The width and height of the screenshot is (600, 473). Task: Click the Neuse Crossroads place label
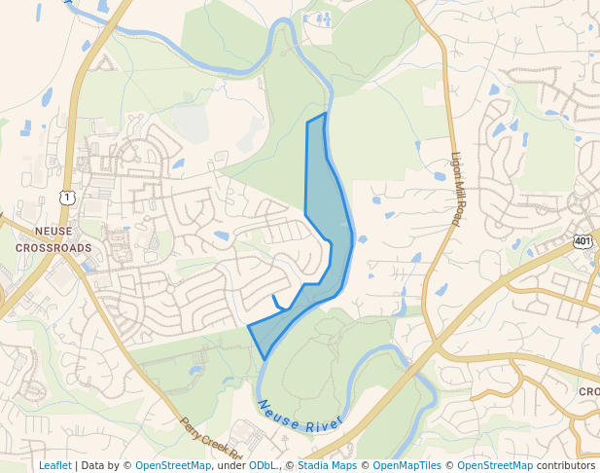point(53,239)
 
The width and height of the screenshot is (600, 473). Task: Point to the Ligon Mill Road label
point(456,190)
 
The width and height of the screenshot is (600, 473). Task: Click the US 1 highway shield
point(66,198)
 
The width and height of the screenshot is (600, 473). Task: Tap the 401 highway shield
point(582,240)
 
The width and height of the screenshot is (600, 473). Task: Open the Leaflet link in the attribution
point(54,465)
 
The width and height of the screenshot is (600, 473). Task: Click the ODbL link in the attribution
point(262,465)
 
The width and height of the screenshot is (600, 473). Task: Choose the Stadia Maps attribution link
point(326,465)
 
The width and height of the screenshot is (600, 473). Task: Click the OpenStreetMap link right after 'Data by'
point(173,465)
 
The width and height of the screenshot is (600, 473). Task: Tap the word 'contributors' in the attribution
point(565,465)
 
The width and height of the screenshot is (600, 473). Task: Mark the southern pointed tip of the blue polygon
point(265,359)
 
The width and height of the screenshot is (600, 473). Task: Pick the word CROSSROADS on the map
point(53,248)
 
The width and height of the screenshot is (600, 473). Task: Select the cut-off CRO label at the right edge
point(589,391)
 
